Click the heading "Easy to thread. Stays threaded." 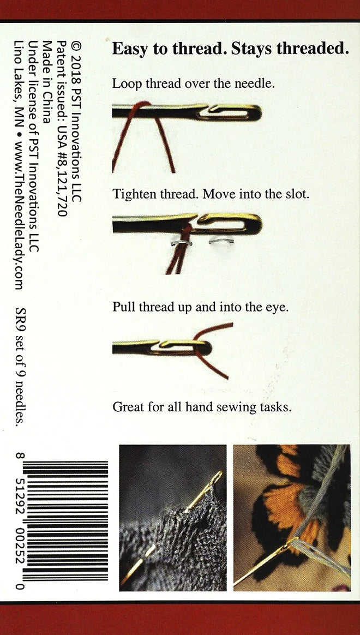pyautogui.click(x=230, y=49)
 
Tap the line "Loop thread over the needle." pyautogui.click(x=193, y=84)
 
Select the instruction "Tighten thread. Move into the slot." pyautogui.click(x=211, y=194)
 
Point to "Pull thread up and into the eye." pyautogui.click(x=200, y=307)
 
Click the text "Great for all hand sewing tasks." pyautogui.click(x=201, y=406)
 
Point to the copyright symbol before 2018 pyautogui.click(x=76, y=45)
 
